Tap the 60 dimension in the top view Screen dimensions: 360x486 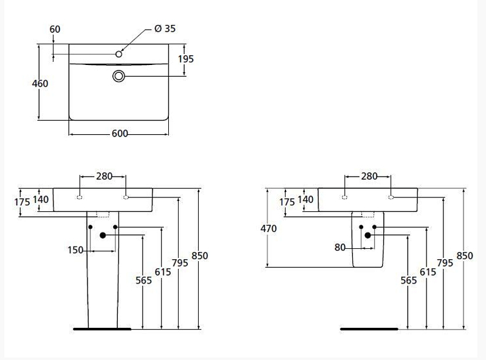(55, 29)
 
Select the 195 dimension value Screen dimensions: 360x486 (186, 59)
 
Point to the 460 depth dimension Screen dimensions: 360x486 (39, 83)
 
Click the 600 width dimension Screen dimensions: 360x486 (120, 134)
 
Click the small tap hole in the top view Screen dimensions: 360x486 (119, 55)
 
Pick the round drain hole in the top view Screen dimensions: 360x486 (119, 76)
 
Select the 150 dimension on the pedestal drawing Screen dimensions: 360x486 (76, 250)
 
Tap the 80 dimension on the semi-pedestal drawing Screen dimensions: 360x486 (340, 247)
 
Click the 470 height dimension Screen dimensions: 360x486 (268, 228)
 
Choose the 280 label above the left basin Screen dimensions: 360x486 (104, 176)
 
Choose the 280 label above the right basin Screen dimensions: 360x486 (369, 176)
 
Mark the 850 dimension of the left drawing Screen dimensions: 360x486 (199, 256)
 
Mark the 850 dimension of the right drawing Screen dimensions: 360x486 (464, 256)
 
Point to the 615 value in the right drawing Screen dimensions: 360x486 (428, 273)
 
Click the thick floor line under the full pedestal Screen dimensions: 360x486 (101, 328)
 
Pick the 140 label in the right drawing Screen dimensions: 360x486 (306, 199)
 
